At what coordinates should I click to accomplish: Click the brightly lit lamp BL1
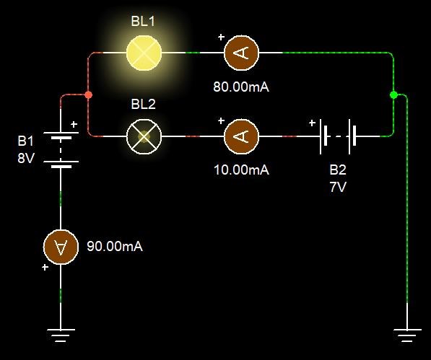[x=144, y=53]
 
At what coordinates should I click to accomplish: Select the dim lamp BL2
[x=144, y=136]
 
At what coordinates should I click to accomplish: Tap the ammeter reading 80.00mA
[x=241, y=53]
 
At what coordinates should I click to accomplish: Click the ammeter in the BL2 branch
[x=241, y=136]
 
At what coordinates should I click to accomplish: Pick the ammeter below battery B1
[x=61, y=247]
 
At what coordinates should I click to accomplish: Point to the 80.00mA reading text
[x=241, y=87]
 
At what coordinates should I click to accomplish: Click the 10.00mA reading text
[x=241, y=170]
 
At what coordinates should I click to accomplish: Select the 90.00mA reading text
[x=115, y=246]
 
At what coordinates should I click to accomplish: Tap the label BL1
[x=143, y=21]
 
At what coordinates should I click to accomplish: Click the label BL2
[x=143, y=104]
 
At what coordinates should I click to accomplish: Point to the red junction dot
[x=88, y=95]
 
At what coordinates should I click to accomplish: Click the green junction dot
[x=393, y=95]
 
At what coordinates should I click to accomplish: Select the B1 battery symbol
[x=61, y=150]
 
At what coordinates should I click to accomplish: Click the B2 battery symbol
[x=338, y=136]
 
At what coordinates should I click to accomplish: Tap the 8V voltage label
[x=26, y=159]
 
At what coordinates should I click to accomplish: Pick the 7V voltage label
[x=338, y=187]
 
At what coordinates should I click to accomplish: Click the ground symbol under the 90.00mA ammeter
[x=61, y=335]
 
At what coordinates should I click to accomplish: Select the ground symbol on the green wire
[x=407, y=335]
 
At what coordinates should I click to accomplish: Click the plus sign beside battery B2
[x=312, y=123]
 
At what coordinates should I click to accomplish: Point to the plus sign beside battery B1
[x=74, y=125]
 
